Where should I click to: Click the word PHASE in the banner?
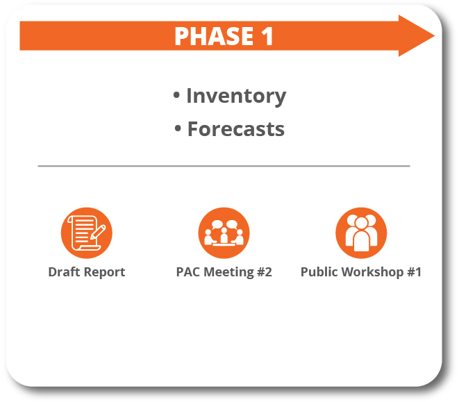pyautogui.click(x=212, y=36)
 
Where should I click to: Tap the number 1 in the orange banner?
pyautogui.click(x=267, y=36)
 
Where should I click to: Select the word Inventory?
pyautogui.click(x=236, y=96)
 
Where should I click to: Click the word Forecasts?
pyautogui.click(x=236, y=129)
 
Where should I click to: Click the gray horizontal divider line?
pyautogui.click(x=224, y=166)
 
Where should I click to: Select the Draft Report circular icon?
pyautogui.click(x=86, y=233)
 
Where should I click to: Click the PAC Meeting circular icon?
pyautogui.click(x=224, y=233)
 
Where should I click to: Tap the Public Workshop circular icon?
pyautogui.click(x=361, y=233)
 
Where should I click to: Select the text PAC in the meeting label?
pyautogui.click(x=188, y=272)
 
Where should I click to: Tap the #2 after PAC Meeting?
pyautogui.click(x=264, y=272)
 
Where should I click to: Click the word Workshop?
pyautogui.click(x=371, y=272)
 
